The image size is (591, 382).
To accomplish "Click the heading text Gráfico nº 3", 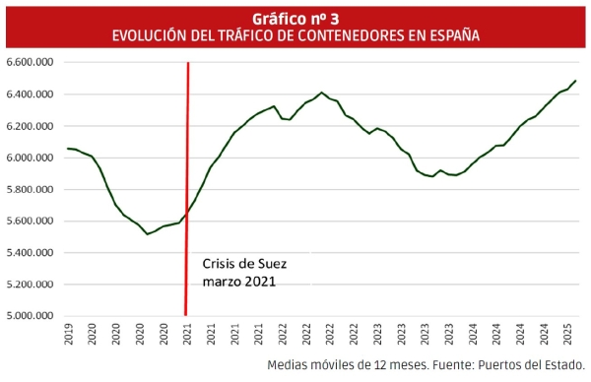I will click(295, 18).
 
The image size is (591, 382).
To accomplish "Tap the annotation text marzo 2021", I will click(239, 281).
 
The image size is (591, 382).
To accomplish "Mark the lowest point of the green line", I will click(147, 233).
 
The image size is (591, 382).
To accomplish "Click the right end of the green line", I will click(575, 81).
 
